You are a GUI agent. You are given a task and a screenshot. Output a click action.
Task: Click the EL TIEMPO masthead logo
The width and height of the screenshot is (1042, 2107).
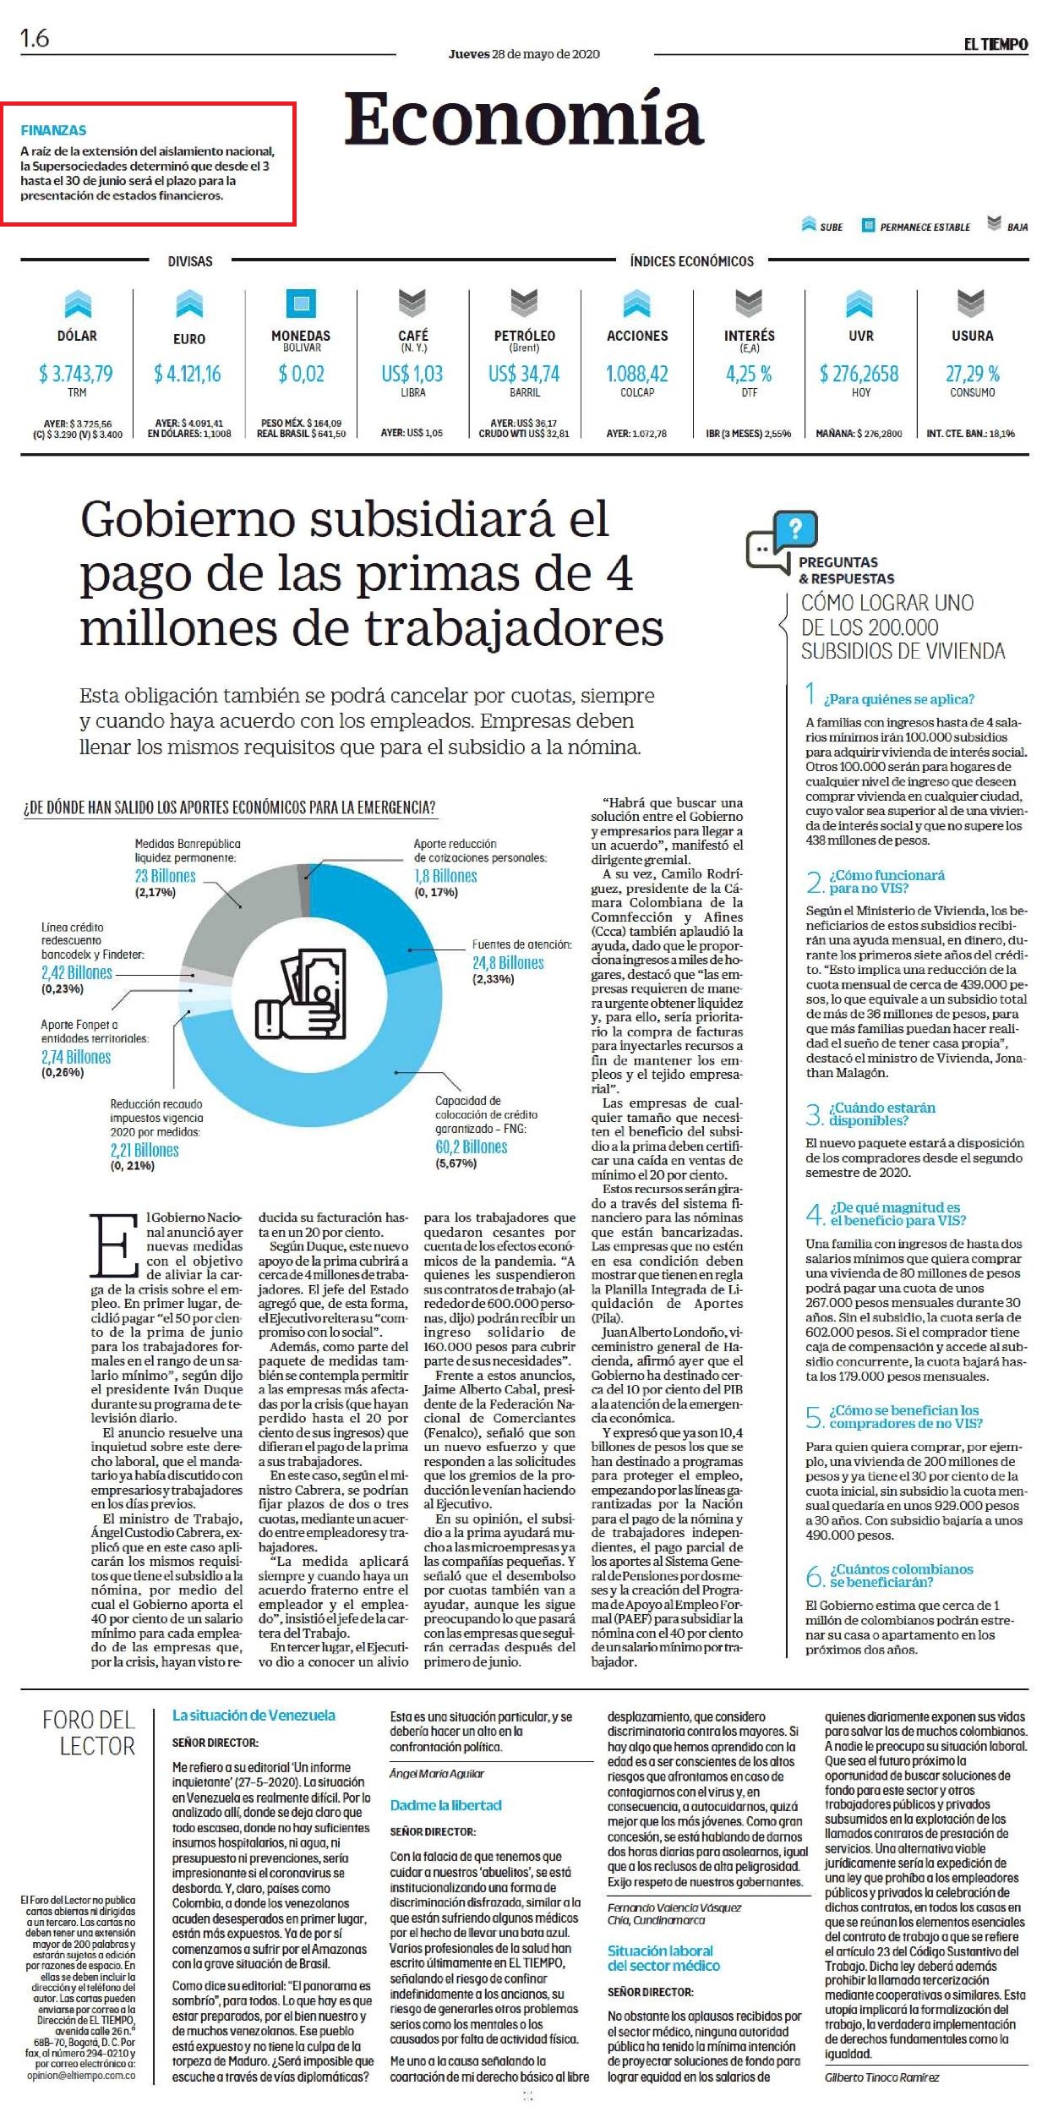pyautogui.click(x=996, y=44)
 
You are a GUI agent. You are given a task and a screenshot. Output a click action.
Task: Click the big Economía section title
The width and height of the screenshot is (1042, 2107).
pyautogui.click(x=524, y=120)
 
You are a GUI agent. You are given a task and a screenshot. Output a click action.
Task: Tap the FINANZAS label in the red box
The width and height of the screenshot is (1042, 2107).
pyautogui.click(x=53, y=130)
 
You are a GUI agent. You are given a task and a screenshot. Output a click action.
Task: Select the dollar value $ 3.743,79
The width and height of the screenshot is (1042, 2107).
pyautogui.click(x=76, y=374)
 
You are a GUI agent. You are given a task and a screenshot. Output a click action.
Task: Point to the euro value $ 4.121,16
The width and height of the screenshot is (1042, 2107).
pyautogui.click(x=188, y=374)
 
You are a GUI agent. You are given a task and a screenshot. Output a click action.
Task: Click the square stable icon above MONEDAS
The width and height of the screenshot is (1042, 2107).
pyautogui.click(x=301, y=303)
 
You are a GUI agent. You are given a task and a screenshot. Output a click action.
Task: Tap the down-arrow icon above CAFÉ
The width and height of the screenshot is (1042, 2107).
pyautogui.click(x=412, y=303)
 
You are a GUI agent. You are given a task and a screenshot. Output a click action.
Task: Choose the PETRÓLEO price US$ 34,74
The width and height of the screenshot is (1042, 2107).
pyautogui.click(x=524, y=374)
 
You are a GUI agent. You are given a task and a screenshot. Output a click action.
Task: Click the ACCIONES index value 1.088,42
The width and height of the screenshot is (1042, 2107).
pyautogui.click(x=637, y=374)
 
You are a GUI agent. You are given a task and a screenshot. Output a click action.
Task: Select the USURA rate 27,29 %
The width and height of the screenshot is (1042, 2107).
pyautogui.click(x=973, y=374)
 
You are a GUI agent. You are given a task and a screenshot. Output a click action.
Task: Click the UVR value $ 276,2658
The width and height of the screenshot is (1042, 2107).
pyautogui.click(x=859, y=374)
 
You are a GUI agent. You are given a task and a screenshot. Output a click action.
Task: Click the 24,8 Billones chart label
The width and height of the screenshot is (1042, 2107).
pyautogui.click(x=508, y=963)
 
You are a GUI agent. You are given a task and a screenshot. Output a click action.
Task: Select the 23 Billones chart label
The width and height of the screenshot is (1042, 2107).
pyautogui.click(x=166, y=876)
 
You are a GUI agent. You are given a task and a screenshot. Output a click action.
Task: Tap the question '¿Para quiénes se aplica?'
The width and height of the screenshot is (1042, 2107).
pyautogui.click(x=901, y=699)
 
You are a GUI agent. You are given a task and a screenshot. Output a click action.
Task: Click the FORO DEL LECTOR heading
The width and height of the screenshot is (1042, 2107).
pyautogui.click(x=89, y=1732)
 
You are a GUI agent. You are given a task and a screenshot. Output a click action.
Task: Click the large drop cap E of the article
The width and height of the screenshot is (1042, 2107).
pyautogui.click(x=114, y=1245)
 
